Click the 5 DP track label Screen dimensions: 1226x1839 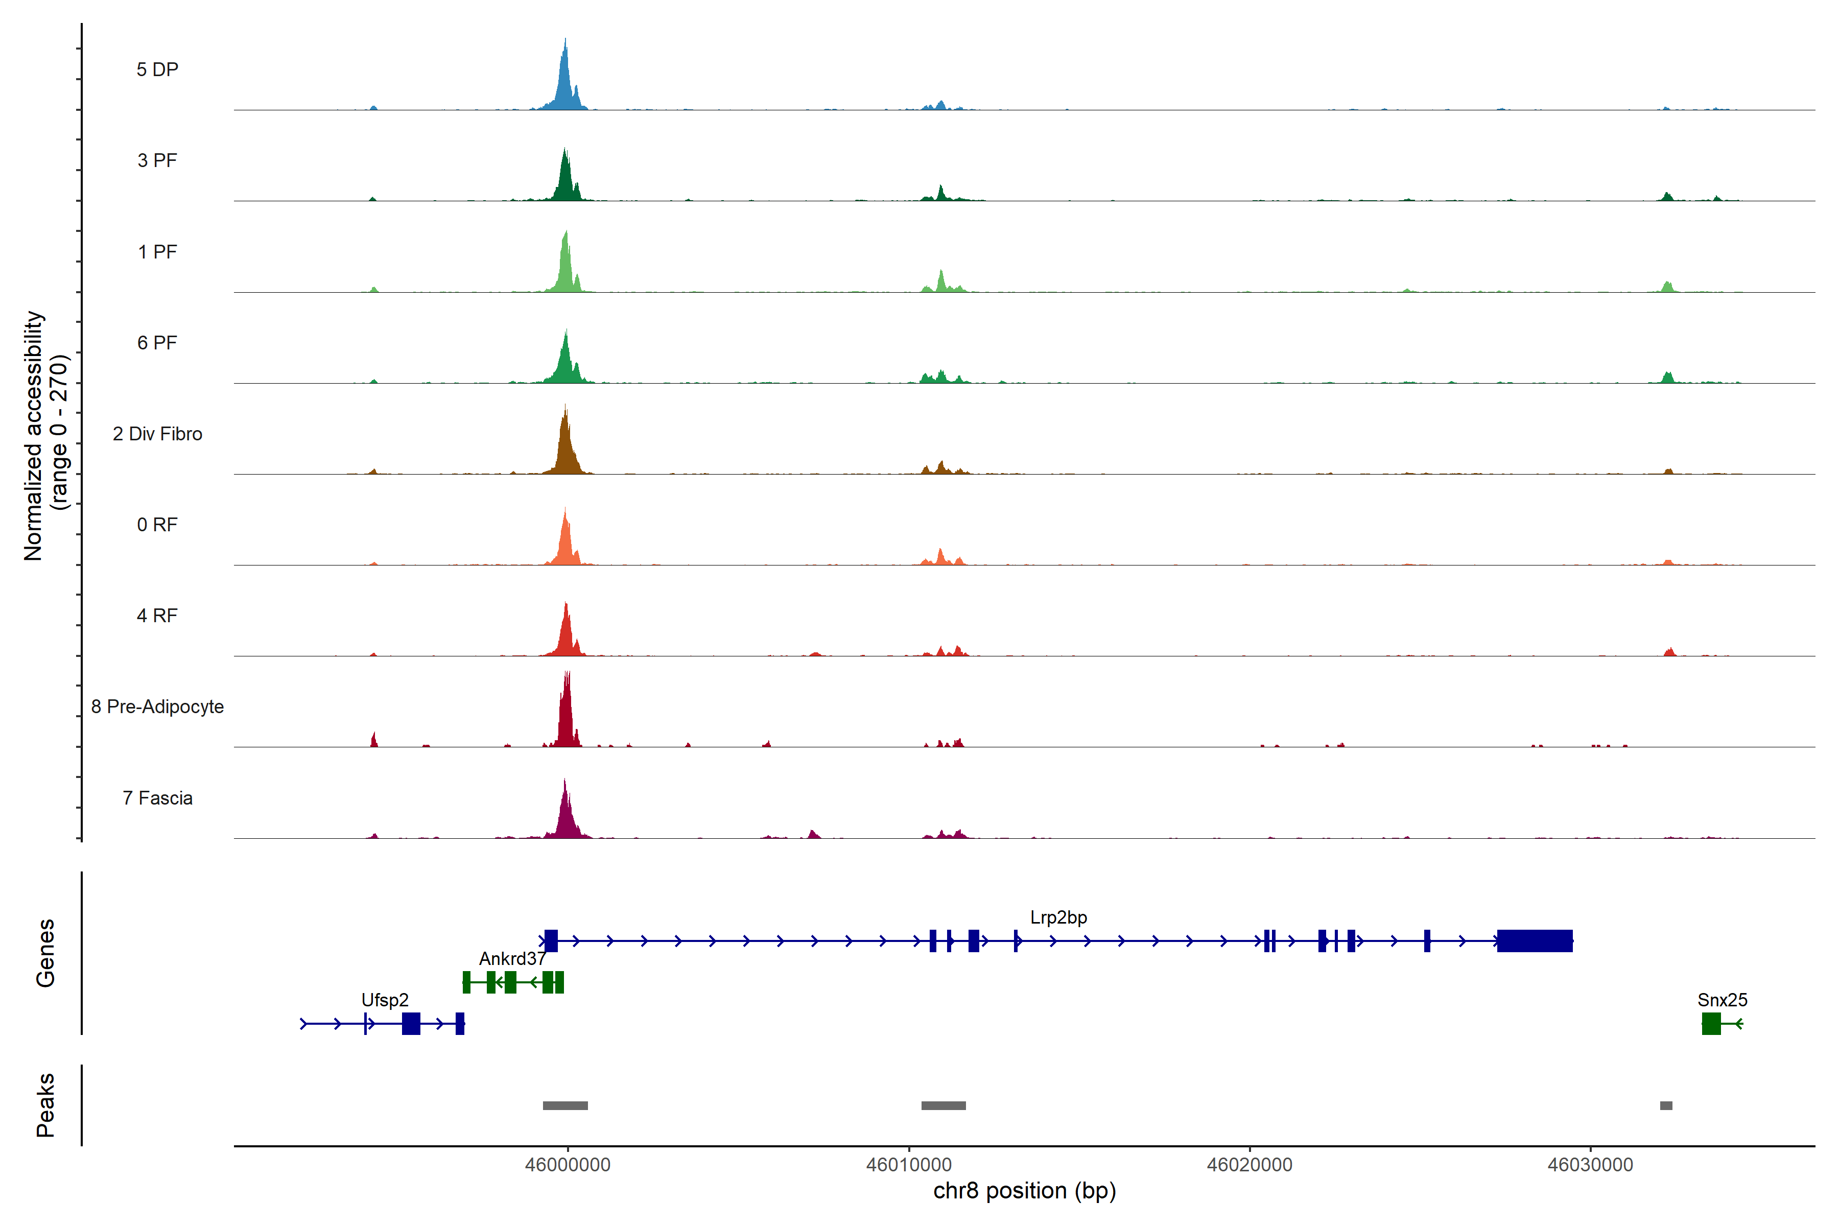tap(157, 69)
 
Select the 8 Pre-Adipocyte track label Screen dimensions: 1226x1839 tap(157, 707)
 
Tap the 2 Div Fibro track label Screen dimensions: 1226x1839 tap(157, 434)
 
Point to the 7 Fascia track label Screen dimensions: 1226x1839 tap(157, 798)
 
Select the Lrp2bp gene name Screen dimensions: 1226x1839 tap(1058, 917)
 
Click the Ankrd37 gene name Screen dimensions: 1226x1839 tap(512, 959)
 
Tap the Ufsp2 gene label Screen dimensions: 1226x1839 tap(385, 1000)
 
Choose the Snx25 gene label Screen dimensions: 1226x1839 tap(1722, 1000)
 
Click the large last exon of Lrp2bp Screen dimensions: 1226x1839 tap(1534, 940)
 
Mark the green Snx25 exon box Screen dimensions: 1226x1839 tap(1711, 1024)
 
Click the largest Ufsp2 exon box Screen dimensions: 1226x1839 tap(411, 1024)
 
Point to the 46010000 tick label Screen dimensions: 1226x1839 tap(909, 1165)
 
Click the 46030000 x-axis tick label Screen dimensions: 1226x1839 tap(1590, 1165)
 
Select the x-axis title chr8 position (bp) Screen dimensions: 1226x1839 tap(1024, 1191)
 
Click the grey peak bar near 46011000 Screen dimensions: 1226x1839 tap(943, 1105)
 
